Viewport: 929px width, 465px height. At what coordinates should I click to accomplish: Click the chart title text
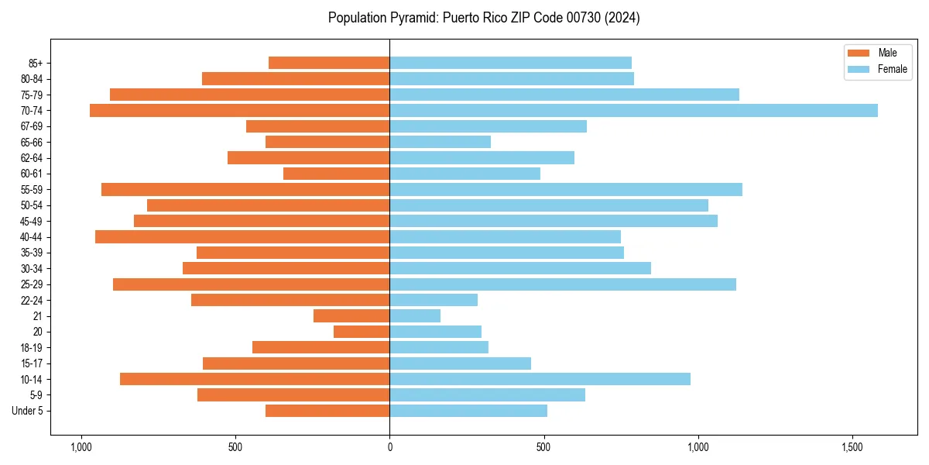tap(484, 18)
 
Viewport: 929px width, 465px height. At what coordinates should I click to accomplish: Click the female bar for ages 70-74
tap(633, 111)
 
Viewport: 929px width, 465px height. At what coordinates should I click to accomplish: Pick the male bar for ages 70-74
tap(240, 111)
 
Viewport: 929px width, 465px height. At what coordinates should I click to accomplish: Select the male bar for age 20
tap(362, 332)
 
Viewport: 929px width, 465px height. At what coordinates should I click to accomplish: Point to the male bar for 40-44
tap(242, 237)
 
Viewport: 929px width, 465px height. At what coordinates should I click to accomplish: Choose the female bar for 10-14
tap(540, 379)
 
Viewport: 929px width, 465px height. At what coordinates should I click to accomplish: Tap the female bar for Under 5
tap(468, 411)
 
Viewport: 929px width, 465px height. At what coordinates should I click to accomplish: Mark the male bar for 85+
tap(329, 63)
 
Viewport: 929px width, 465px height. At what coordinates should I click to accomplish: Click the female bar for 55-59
tap(566, 190)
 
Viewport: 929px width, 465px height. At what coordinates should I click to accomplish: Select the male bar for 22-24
tap(290, 300)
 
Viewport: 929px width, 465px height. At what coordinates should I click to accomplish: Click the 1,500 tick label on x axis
tap(852, 447)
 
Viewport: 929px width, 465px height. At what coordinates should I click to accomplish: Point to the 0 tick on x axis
tap(389, 447)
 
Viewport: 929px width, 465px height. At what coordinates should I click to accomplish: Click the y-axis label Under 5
tap(27, 411)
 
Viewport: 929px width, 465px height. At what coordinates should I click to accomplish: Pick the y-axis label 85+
tap(34, 63)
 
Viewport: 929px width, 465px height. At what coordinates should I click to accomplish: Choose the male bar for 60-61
tap(336, 174)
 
